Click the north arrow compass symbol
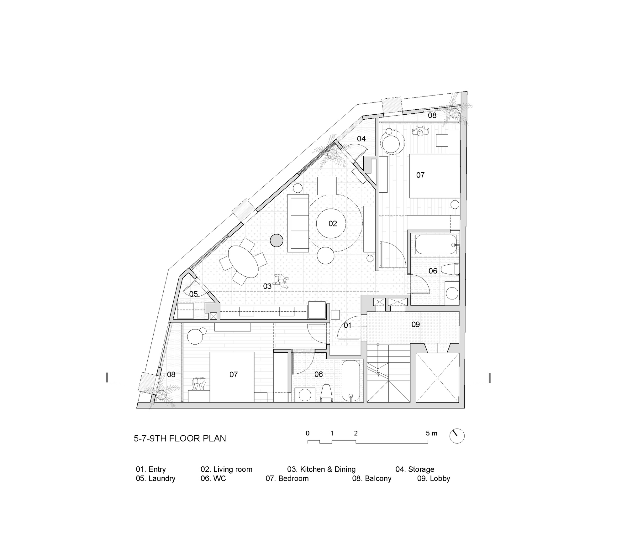[457, 436]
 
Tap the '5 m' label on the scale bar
[431, 434]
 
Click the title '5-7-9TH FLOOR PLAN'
[180, 438]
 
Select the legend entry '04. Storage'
[414, 469]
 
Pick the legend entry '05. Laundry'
[155, 478]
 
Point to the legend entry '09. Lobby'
[433, 478]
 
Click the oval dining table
[243, 262]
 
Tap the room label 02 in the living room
[333, 224]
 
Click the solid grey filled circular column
[277, 241]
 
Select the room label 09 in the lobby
[415, 324]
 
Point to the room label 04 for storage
[361, 139]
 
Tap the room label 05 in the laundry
[193, 294]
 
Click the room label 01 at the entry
[347, 326]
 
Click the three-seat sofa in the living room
[298, 223]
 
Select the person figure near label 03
[281, 281]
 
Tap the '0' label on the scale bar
[308, 433]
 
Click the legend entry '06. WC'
[213, 478]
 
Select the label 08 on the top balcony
[432, 115]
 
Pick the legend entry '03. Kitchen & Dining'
[321, 469]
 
